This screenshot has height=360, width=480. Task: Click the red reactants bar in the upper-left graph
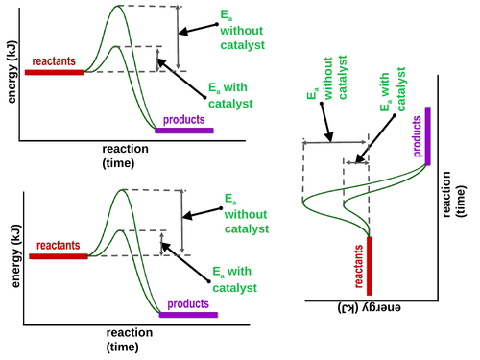(55, 71)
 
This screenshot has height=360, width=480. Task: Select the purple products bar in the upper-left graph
(184, 129)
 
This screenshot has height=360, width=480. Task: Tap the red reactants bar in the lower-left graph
(59, 256)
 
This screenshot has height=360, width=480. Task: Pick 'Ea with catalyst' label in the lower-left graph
(234, 279)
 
